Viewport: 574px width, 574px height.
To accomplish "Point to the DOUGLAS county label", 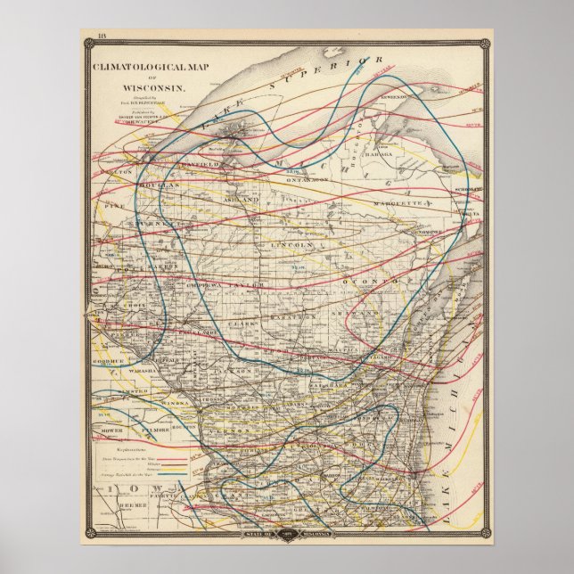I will (159, 184).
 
